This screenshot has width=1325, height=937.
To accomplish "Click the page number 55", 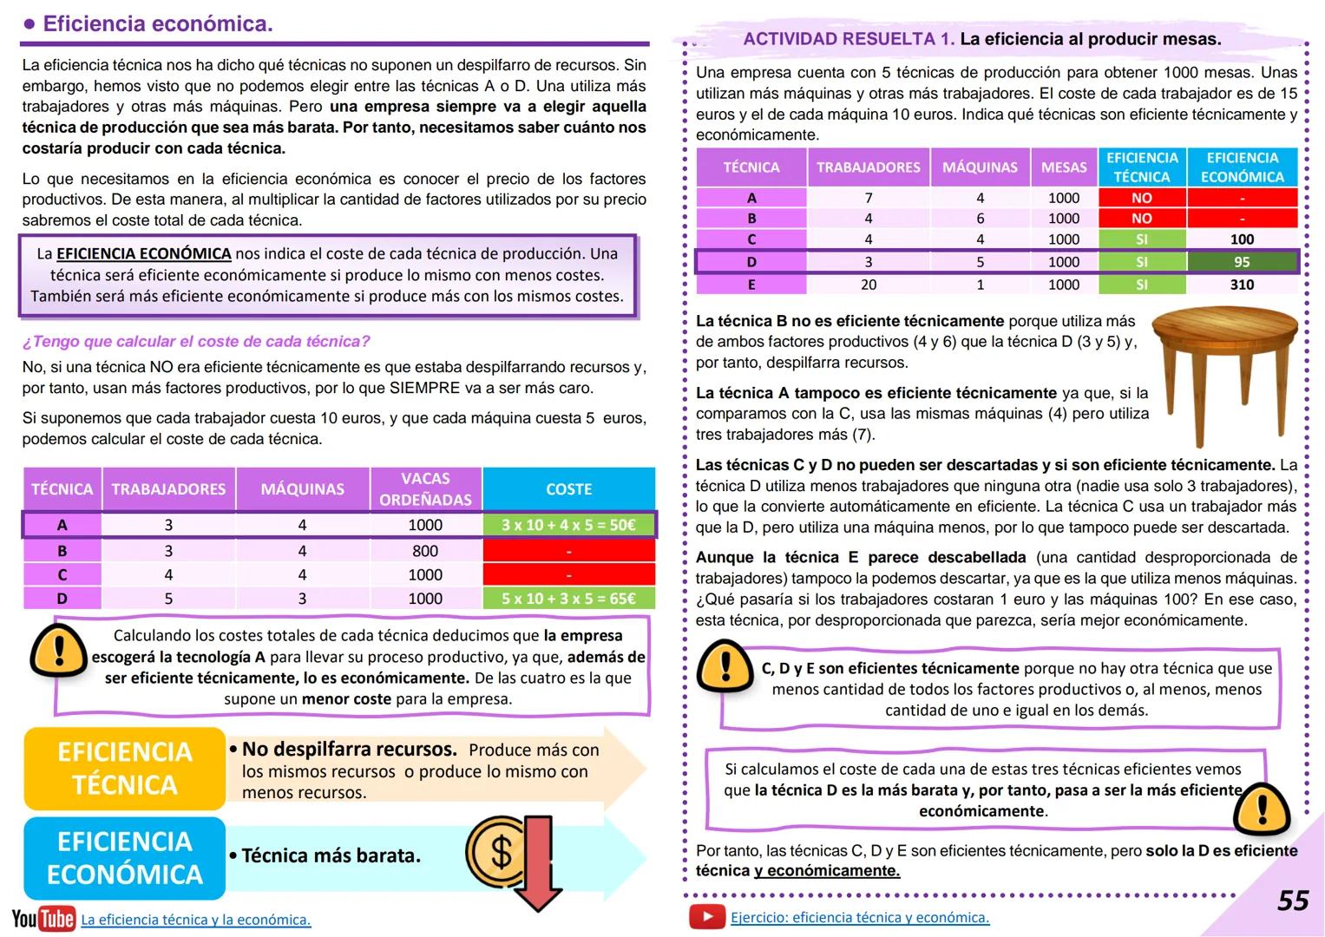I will pyautogui.click(x=1292, y=901).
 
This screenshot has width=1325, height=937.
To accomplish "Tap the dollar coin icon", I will pyautogui.click(x=496, y=851).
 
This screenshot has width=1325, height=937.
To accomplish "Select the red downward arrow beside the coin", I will pyautogui.click(x=538, y=863).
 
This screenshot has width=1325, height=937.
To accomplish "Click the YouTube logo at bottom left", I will pyautogui.click(x=43, y=919).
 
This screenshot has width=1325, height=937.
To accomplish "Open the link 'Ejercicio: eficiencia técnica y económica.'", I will pyautogui.click(x=859, y=917).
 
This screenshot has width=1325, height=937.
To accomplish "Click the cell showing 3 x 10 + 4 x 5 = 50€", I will pyautogui.click(x=568, y=525).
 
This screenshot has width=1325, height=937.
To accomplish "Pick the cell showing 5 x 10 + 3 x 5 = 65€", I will pyautogui.click(x=568, y=599).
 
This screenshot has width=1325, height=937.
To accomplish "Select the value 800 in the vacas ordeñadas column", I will pyautogui.click(x=425, y=551).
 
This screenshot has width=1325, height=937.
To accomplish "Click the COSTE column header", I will pyautogui.click(x=568, y=489).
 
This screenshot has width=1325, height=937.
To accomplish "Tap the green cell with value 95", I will pyautogui.click(x=1242, y=262).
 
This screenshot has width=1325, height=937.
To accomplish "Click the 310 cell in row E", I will pyautogui.click(x=1242, y=285).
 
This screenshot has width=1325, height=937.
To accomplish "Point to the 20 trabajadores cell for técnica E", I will pyautogui.click(x=868, y=285).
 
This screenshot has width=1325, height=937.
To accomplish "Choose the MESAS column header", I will pyautogui.click(x=1064, y=167).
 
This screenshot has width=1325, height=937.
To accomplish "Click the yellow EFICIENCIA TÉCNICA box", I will pyautogui.click(x=125, y=768).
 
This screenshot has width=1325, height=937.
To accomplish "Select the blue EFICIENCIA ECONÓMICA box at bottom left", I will pyautogui.click(x=125, y=858).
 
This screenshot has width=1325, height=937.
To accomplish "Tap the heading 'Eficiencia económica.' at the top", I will pyautogui.click(x=157, y=24).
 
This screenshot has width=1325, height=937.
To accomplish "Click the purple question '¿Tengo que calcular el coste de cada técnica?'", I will pyautogui.click(x=196, y=341).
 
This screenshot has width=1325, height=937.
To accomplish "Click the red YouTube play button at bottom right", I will pyautogui.click(x=707, y=916).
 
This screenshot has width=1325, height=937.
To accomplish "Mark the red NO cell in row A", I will pyautogui.click(x=1141, y=198).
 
